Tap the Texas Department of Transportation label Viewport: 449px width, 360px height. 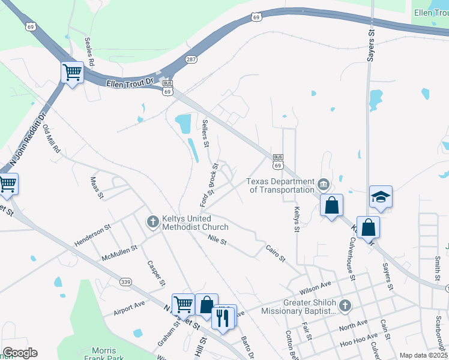click(282, 186)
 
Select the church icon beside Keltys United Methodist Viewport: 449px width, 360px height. click(153, 222)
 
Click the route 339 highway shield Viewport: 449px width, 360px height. click(125, 282)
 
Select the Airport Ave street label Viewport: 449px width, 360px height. click(128, 308)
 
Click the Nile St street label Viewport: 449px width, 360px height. click(217, 241)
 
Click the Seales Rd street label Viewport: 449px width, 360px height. click(91, 52)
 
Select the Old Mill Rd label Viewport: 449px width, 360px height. click(52, 139)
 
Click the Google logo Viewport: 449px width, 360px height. click(20, 353)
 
